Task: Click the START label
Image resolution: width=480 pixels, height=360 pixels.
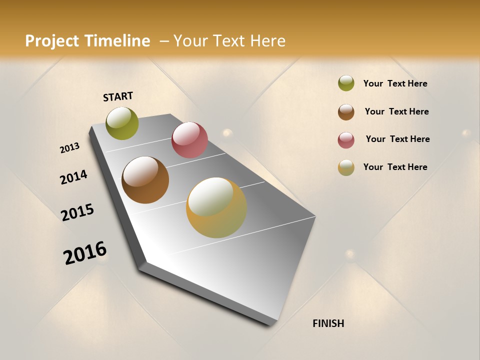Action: coord(118,96)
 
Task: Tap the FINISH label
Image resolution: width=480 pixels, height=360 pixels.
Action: coord(328,323)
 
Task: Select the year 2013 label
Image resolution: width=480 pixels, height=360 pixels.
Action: coord(70,147)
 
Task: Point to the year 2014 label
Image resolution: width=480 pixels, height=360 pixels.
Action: coord(73,177)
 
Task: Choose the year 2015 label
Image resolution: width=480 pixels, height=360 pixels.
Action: coord(77,212)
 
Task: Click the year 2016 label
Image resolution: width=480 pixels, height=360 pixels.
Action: coord(85,252)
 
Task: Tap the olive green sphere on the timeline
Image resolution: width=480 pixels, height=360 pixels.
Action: coord(122,123)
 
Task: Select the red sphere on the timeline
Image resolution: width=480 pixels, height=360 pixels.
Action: coord(189,140)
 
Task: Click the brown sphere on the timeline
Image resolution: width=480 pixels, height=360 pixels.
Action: coord(145,180)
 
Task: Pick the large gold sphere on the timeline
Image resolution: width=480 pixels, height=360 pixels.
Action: coord(216,207)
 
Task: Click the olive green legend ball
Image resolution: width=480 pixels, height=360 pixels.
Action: coord(346,83)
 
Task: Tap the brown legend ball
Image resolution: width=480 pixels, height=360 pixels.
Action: coord(346,112)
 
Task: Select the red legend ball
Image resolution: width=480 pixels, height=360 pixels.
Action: coord(346,140)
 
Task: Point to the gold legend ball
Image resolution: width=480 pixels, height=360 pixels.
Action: coord(346,167)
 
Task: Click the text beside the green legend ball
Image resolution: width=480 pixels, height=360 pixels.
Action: coord(395,83)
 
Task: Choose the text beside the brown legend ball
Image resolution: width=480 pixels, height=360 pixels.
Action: coord(396,111)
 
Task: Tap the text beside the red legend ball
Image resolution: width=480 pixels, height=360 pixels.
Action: coord(397,139)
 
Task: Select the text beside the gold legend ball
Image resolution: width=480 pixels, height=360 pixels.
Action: coord(395,167)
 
